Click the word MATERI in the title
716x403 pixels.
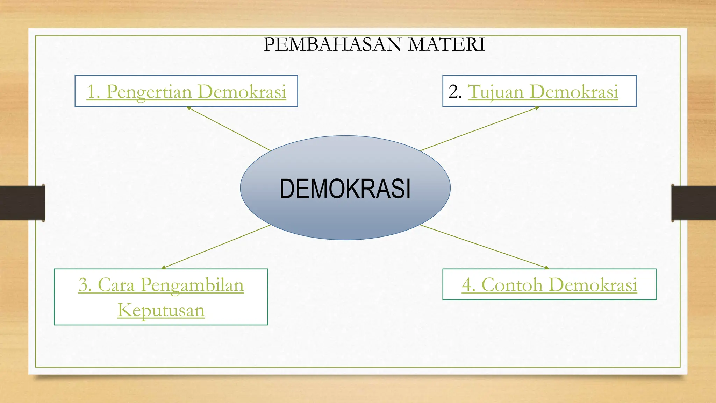447,45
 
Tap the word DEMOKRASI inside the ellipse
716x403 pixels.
345,189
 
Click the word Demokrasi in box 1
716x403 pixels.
242,92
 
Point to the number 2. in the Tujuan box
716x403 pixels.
455,92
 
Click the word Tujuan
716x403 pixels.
495,92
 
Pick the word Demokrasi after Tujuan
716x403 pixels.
574,92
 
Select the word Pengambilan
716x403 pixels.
192,285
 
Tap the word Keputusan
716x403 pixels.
161,310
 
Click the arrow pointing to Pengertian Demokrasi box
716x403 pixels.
229,129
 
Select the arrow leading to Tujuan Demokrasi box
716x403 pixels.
479,129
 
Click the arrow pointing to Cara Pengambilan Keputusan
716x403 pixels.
216,247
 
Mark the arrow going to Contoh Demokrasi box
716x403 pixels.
484,247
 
